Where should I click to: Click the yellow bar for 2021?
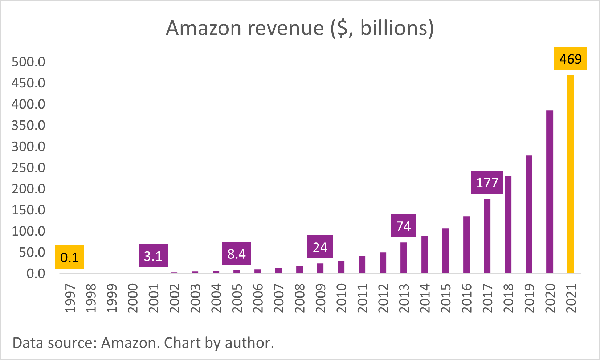(x=571, y=174)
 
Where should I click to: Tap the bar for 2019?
(x=529, y=214)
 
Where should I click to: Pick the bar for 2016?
(x=466, y=245)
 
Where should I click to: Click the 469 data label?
(x=570, y=58)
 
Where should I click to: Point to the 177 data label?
(x=487, y=182)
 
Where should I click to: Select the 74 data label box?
(x=403, y=226)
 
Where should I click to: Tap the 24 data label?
(x=320, y=247)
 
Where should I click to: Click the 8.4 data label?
(x=236, y=254)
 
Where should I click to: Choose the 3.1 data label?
(x=153, y=256)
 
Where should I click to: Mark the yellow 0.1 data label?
(x=69, y=257)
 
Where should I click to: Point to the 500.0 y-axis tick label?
(x=28, y=62)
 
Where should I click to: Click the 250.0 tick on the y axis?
(x=28, y=168)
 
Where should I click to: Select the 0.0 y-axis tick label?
(x=36, y=273)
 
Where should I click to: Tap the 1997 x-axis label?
(x=70, y=298)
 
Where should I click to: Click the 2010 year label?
(x=341, y=298)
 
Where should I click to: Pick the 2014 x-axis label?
(x=425, y=298)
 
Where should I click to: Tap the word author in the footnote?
(x=249, y=343)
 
